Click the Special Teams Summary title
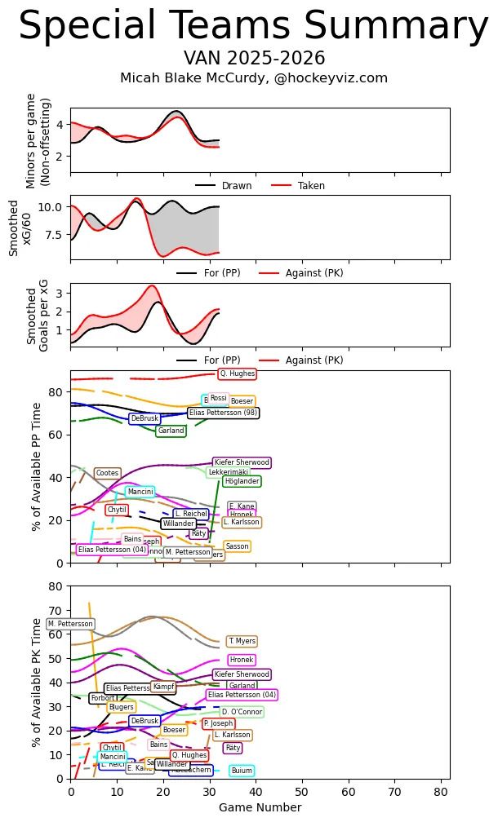pos(253,27)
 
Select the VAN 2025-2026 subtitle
pos(254,59)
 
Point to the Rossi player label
pos(218,399)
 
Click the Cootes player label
pos(107,473)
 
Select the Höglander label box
pos(242,481)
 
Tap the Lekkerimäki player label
pos(228,472)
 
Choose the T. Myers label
pos(242,642)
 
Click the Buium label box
pos(242,771)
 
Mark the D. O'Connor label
pos(242,712)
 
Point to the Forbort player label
pos(103,698)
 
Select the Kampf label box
pos(163,687)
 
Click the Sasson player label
pos(237,546)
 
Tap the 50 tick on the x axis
pos(302,791)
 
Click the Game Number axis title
pos(260,808)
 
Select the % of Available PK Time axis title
pos(37,682)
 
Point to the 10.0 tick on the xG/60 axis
pos(52,207)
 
